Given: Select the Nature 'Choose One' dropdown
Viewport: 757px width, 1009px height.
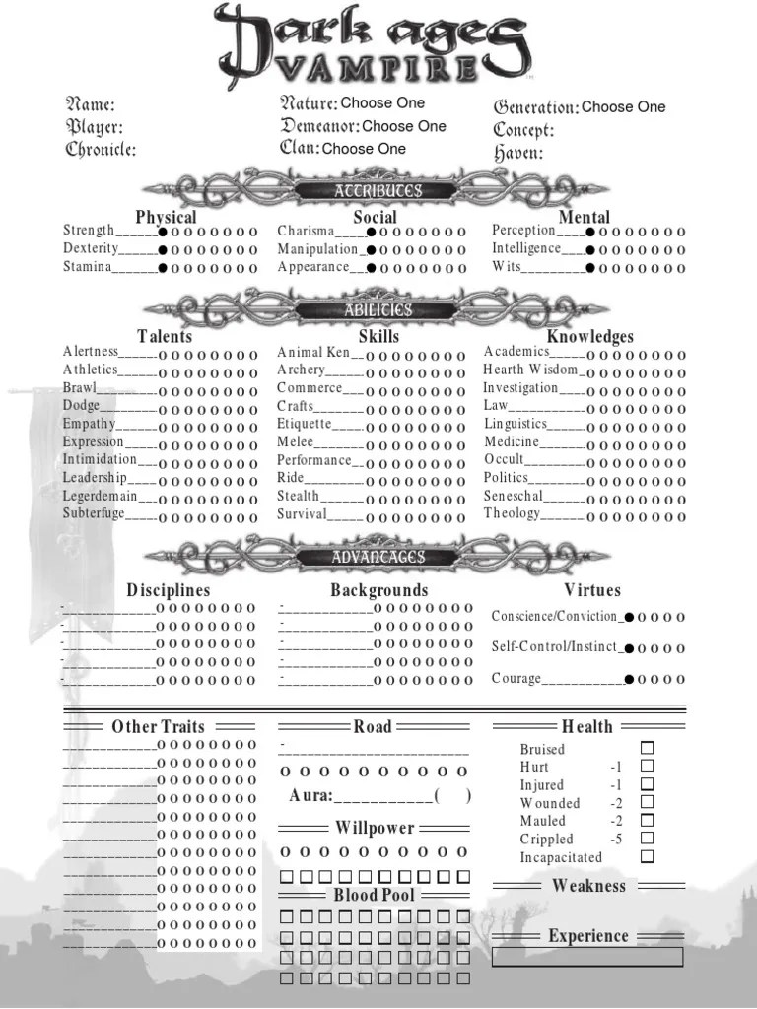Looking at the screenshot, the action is pyautogui.click(x=382, y=102).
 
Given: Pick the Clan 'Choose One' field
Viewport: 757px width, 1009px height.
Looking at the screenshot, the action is pyautogui.click(x=364, y=149).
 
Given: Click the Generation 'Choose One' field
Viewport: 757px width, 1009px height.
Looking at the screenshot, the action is pyautogui.click(x=623, y=106).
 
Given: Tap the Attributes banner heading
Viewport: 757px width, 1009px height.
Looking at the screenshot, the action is pyautogui.click(x=378, y=190).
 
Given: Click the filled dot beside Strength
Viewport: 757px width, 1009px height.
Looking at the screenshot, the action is pyautogui.click(x=163, y=233).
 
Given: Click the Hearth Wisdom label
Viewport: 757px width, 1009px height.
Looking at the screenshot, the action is pyautogui.click(x=530, y=370).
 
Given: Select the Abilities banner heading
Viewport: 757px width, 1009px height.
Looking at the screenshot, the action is pyautogui.click(x=378, y=310).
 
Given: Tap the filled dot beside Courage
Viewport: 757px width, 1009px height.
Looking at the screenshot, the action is pyautogui.click(x=628, y=679).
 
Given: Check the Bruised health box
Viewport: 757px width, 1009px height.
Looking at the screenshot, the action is pyautogui.click(x=647, y=749).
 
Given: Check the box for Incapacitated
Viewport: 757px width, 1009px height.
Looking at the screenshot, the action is pyautogui.click(x=647, y=857).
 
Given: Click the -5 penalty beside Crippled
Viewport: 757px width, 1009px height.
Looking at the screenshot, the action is pyautogui.click(x=616, y=840).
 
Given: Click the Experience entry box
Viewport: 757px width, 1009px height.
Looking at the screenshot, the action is pyautogui.click(x=587, y=957).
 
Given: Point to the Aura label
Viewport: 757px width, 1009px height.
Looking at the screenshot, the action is pyautogui.click(x=310, y=796).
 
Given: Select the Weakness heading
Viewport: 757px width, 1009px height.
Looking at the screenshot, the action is pyautogui.click(x=588, y=886).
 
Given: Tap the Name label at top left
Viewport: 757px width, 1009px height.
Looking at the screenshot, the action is pyautogui.click(x=90, y=104).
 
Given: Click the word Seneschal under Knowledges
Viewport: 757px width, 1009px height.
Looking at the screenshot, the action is pyautogui.click(x=513, y=496).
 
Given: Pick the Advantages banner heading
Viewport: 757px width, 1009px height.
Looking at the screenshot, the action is pyautogui.click(x=378, y=557).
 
